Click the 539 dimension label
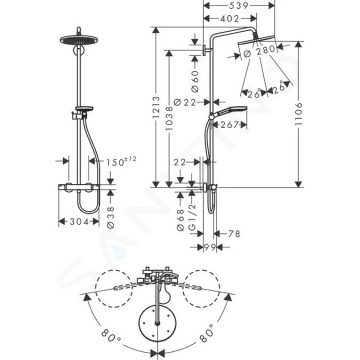pos(238,5)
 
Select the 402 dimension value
pos(229,18)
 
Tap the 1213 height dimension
pos(156,107)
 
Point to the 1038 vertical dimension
pos(169,118)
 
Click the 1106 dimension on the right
pos(298,114)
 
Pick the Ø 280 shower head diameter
pos(259,51)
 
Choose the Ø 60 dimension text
pos(195,81)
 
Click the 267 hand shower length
pos(229,125)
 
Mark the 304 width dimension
pos(79,221)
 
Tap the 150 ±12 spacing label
pos(121,161)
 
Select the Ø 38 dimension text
pos(110,217)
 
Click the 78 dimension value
pos(233,233)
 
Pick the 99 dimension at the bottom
pos(210,247)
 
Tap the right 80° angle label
pos(205,331)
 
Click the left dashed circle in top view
pos(114,288)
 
